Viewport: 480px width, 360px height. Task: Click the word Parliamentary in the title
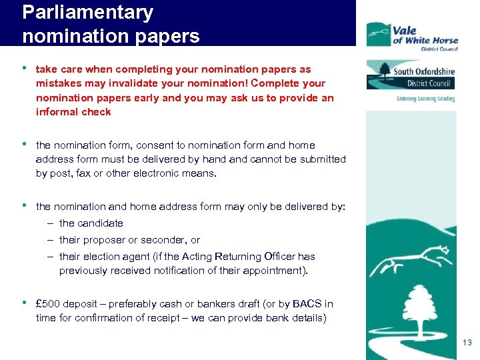pyautogui.click(x=87, y=13)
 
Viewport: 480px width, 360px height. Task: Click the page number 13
pyautogui.click(x=466, y=343)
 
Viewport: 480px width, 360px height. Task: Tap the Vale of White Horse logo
pyautogui.click(x=412, y=35)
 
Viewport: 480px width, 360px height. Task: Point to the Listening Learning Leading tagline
pyautogui.click(x=425, y=99)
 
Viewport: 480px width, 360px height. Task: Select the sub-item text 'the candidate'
pyautogui.click(x=91, y=223)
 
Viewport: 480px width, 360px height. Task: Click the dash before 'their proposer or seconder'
pyautogui.click(x=51, y=240)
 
